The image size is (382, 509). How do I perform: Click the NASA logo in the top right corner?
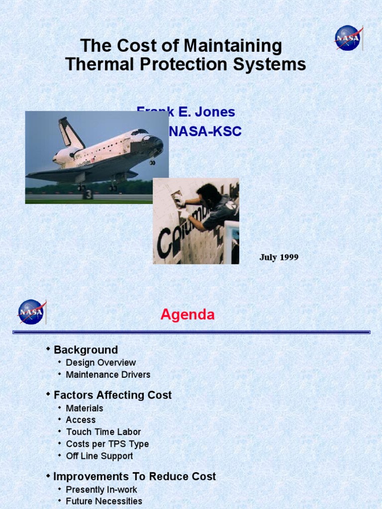348,38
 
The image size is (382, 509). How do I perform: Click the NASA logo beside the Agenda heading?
31,312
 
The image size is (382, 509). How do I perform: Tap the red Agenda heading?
188,315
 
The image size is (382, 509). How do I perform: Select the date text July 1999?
279,257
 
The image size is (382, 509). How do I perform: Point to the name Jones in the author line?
215,112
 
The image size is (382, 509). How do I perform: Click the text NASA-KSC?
205,132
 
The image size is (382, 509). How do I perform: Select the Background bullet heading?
86,350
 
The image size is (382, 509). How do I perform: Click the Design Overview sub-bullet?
100,363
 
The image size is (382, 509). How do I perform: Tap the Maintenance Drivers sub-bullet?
108,375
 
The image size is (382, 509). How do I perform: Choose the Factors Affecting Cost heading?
112,395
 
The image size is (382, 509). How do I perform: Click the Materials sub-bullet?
85,408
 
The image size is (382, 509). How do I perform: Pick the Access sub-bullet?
81,420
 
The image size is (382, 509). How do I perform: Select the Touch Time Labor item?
103,432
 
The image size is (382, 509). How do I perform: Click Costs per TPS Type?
107,444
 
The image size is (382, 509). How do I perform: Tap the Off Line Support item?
99,456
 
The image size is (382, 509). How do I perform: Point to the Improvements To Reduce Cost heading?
134,477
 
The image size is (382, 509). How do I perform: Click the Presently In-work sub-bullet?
101,490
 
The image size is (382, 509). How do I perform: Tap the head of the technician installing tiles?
207,193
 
